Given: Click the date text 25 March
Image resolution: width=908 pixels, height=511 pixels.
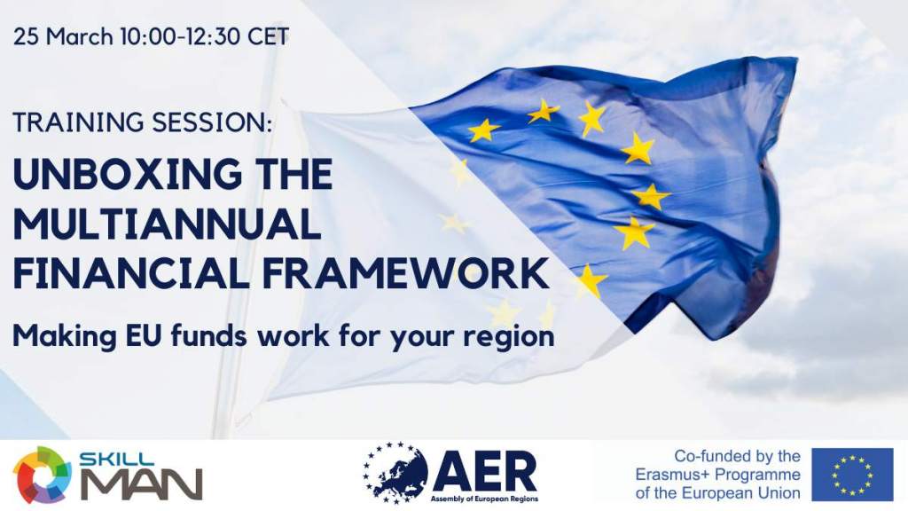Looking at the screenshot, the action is pyautogui.click(x=63, y=37).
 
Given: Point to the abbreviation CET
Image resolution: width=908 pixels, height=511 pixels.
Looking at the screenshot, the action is pyautogui.click(x=268, y=37).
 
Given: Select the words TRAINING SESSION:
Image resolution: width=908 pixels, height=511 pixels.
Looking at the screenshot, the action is pyautogui.click(x=143, y=122).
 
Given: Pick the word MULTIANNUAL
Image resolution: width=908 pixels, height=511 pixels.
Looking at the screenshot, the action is pyautogui.click(x=167, y=224).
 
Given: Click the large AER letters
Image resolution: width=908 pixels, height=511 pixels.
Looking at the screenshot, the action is pyautogui.click(x=484, y=472).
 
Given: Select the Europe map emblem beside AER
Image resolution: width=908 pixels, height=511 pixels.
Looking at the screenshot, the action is pyautogui.click(x=395, y=473).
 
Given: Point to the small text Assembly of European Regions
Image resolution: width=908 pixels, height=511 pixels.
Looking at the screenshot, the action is pyautogui.click(x=484, y=499).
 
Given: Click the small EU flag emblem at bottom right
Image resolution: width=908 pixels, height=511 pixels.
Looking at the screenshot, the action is pyautogui.click(x=852, y=475).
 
